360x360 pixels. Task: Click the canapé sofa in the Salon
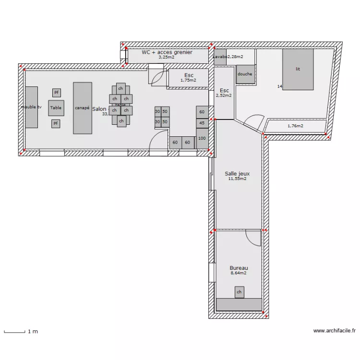[82, 108]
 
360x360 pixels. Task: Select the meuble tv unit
[31, 107]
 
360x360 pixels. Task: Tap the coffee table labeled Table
[56, 108]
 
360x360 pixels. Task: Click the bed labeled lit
[298, 69]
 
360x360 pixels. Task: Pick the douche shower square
[245, 74]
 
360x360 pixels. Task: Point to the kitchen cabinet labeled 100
[202, 138]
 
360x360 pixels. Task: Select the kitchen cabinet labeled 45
[202, 123]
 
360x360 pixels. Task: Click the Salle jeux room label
[237, 174]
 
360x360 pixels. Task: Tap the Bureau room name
[239, 268]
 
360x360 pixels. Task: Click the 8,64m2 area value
[239, 273]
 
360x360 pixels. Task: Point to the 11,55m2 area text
[237, 179]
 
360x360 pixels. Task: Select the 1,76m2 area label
[295, 126]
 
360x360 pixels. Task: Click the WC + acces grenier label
[167, 52]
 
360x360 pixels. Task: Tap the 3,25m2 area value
[167, 57]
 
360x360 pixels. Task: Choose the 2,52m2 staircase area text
[224, 96]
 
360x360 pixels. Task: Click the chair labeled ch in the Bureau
[239, 291]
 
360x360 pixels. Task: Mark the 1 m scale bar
[14, 331]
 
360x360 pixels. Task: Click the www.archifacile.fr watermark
[335, 331]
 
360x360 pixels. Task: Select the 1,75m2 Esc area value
[188, 80]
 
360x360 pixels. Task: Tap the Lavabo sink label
[220, 57]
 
